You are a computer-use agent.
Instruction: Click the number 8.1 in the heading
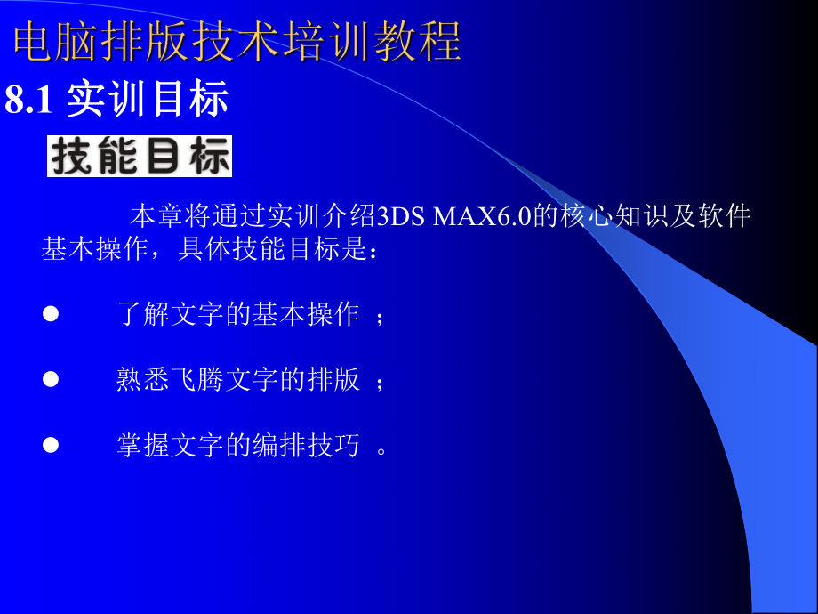pyautogui.click(x=31, y=101)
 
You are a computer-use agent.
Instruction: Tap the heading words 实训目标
pyautogui.click(x=148, y=101)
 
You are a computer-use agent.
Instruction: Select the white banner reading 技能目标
pyautogui.click(x=140, y=157)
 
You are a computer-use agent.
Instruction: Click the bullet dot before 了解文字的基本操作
pyautogui.click(x=51, y=313)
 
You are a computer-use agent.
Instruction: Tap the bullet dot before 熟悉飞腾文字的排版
pyautogui.click(x=51, y=379)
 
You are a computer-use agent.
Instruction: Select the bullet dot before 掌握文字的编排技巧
pyautogui.click(x=51, y=444)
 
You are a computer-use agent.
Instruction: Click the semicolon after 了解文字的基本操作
pyautogui.click(x=381, y=317)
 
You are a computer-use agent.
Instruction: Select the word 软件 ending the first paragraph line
pyautogui.click(x=724, y=216)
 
